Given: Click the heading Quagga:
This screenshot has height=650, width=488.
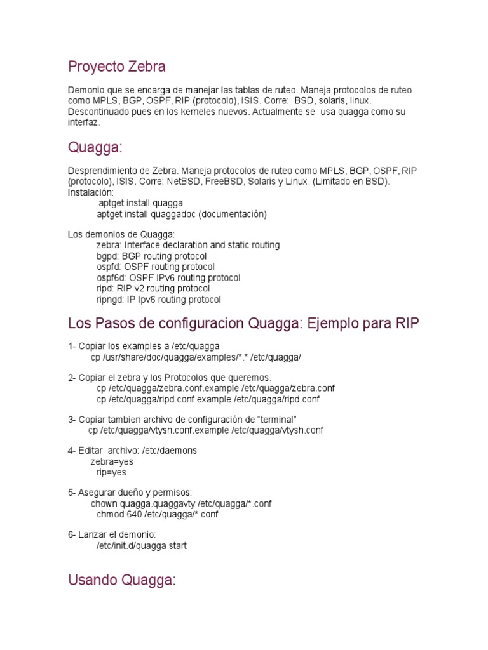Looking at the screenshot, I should pyautogui.click(x=95, y=148).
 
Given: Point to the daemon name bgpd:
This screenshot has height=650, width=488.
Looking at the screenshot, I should pyautogui.click(x=107, y=256).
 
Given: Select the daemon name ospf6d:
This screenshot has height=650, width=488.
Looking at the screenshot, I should pyautogui.click(x=111, y=277).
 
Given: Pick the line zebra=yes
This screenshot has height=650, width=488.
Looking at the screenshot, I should pyautogui.click(x=112, y=461).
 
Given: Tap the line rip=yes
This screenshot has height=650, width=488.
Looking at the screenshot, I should pyautogui.click(x=111, y=472).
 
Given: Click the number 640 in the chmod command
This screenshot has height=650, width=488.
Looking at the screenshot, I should pyautogui.click(x=133, y=514).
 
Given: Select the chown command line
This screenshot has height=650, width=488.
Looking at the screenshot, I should pyautogui.click(x=181, y=503).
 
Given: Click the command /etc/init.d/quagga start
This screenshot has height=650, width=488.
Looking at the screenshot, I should pyautogui.click(x=141, y=545).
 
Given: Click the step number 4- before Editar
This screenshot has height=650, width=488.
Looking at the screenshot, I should pyautogui.click(x=72, y=451).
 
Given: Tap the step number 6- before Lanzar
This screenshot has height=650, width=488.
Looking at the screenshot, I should pyautogui.click(x=72, y=534).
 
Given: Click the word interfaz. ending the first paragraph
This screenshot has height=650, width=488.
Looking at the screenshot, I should pyautogui.click(x=84, y=122).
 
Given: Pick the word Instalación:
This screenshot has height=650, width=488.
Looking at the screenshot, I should pyautogui.click(x=91, y=192).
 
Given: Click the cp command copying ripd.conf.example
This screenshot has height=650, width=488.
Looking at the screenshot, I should pyautogui.click(x=208, y=399).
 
